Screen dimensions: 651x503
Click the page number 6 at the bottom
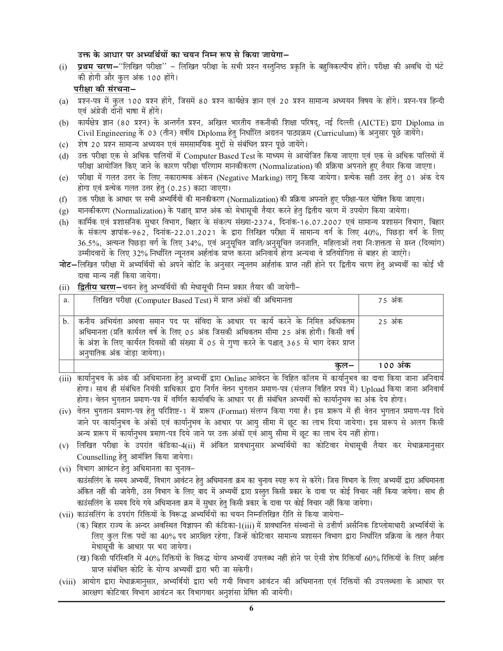coord(251,619)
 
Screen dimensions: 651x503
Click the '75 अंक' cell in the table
coord(390,300)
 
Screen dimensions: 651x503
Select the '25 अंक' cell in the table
coord(390,322)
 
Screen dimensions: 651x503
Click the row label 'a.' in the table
coord(66,300)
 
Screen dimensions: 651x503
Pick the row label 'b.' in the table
coord(66,322)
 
